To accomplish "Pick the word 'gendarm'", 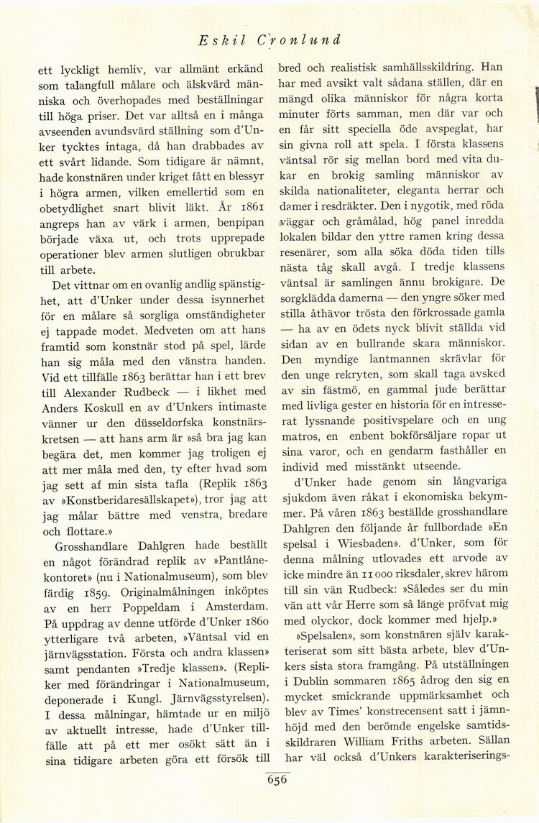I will pos(424,450).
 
